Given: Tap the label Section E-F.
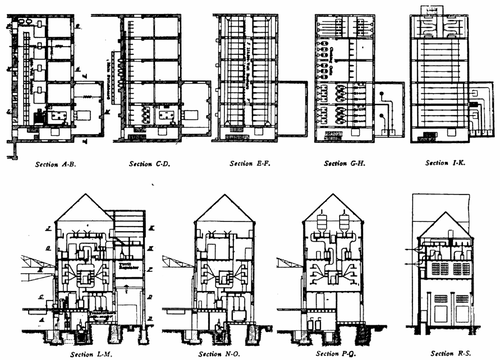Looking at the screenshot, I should click(x=248, y=161).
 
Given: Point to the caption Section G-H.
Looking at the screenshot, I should click(x=345, y=161).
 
